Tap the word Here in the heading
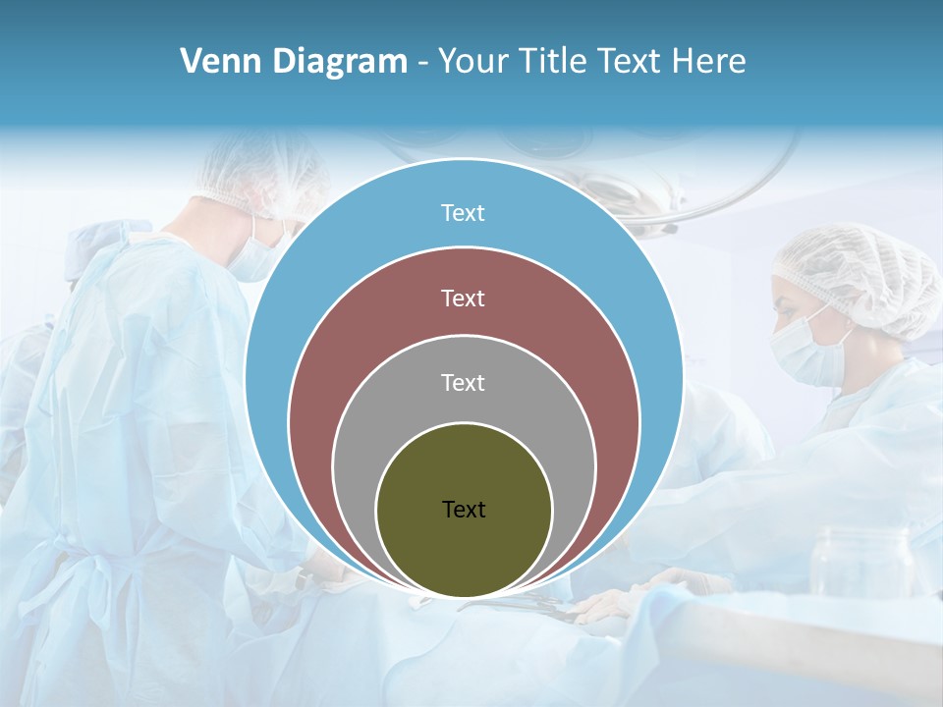pyautogui.click(x=709, y=62)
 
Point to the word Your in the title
pyautogui.click(x=470, y=62)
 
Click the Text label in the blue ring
pyautogui.click(x=463, y=213)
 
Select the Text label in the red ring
pyautogui.click(x=463, y=299)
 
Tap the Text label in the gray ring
pyautogui.click(x=463, y=383)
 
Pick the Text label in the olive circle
pyautogui.click(x=464, y=509)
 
